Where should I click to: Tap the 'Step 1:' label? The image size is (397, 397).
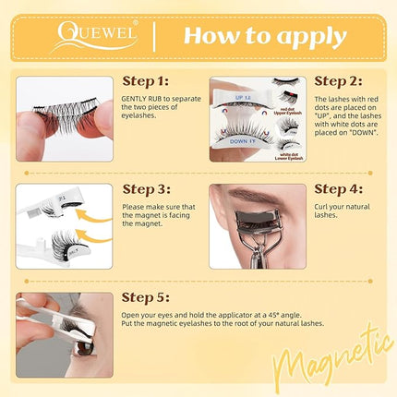(x=152, y=82)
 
